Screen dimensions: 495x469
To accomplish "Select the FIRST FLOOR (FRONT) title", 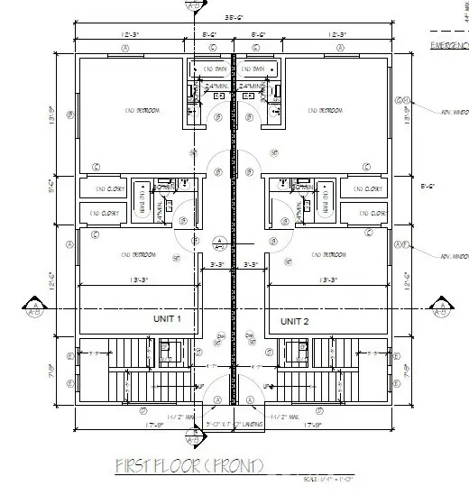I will point(189,465).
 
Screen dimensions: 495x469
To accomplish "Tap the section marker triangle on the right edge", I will point(442,307).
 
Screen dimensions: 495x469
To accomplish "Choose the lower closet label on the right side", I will point(369,214).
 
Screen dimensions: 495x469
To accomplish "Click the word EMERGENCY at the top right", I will point(448,44).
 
